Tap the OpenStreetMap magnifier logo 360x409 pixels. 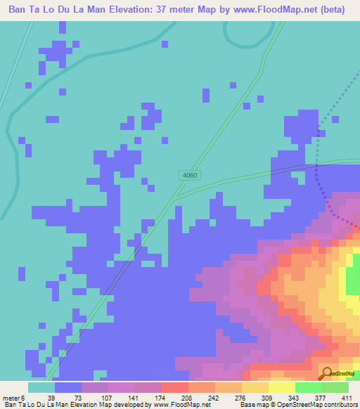327,373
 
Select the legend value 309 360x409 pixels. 256,397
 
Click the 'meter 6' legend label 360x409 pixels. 13,397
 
